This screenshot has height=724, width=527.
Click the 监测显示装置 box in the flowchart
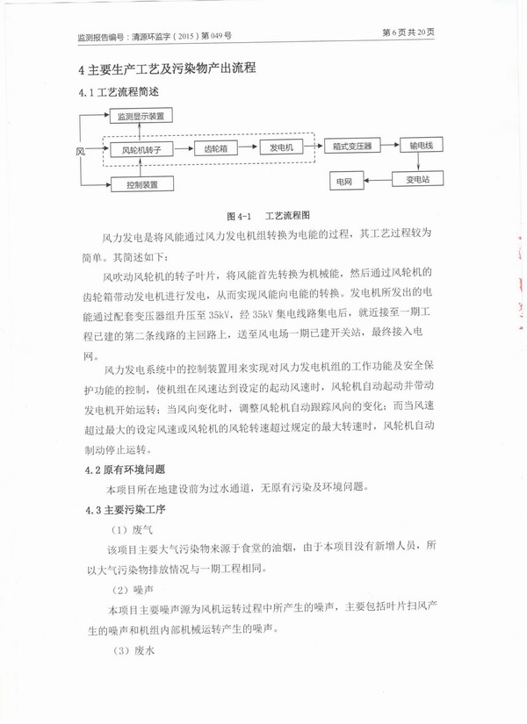click(x=141, y=116)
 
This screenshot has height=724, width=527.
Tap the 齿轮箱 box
click(x=216, y=149)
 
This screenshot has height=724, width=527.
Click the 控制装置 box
click(x=141, y=184)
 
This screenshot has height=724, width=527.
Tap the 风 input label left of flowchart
click(x=80, y=151)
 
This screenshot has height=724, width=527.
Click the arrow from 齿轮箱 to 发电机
click(x=251, y=147)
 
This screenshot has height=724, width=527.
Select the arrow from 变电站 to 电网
click(x=377, y=181)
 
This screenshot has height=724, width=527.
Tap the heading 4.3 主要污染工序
click(x=125, y=509)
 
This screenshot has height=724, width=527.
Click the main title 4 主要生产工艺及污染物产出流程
click(x=172, y=68)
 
